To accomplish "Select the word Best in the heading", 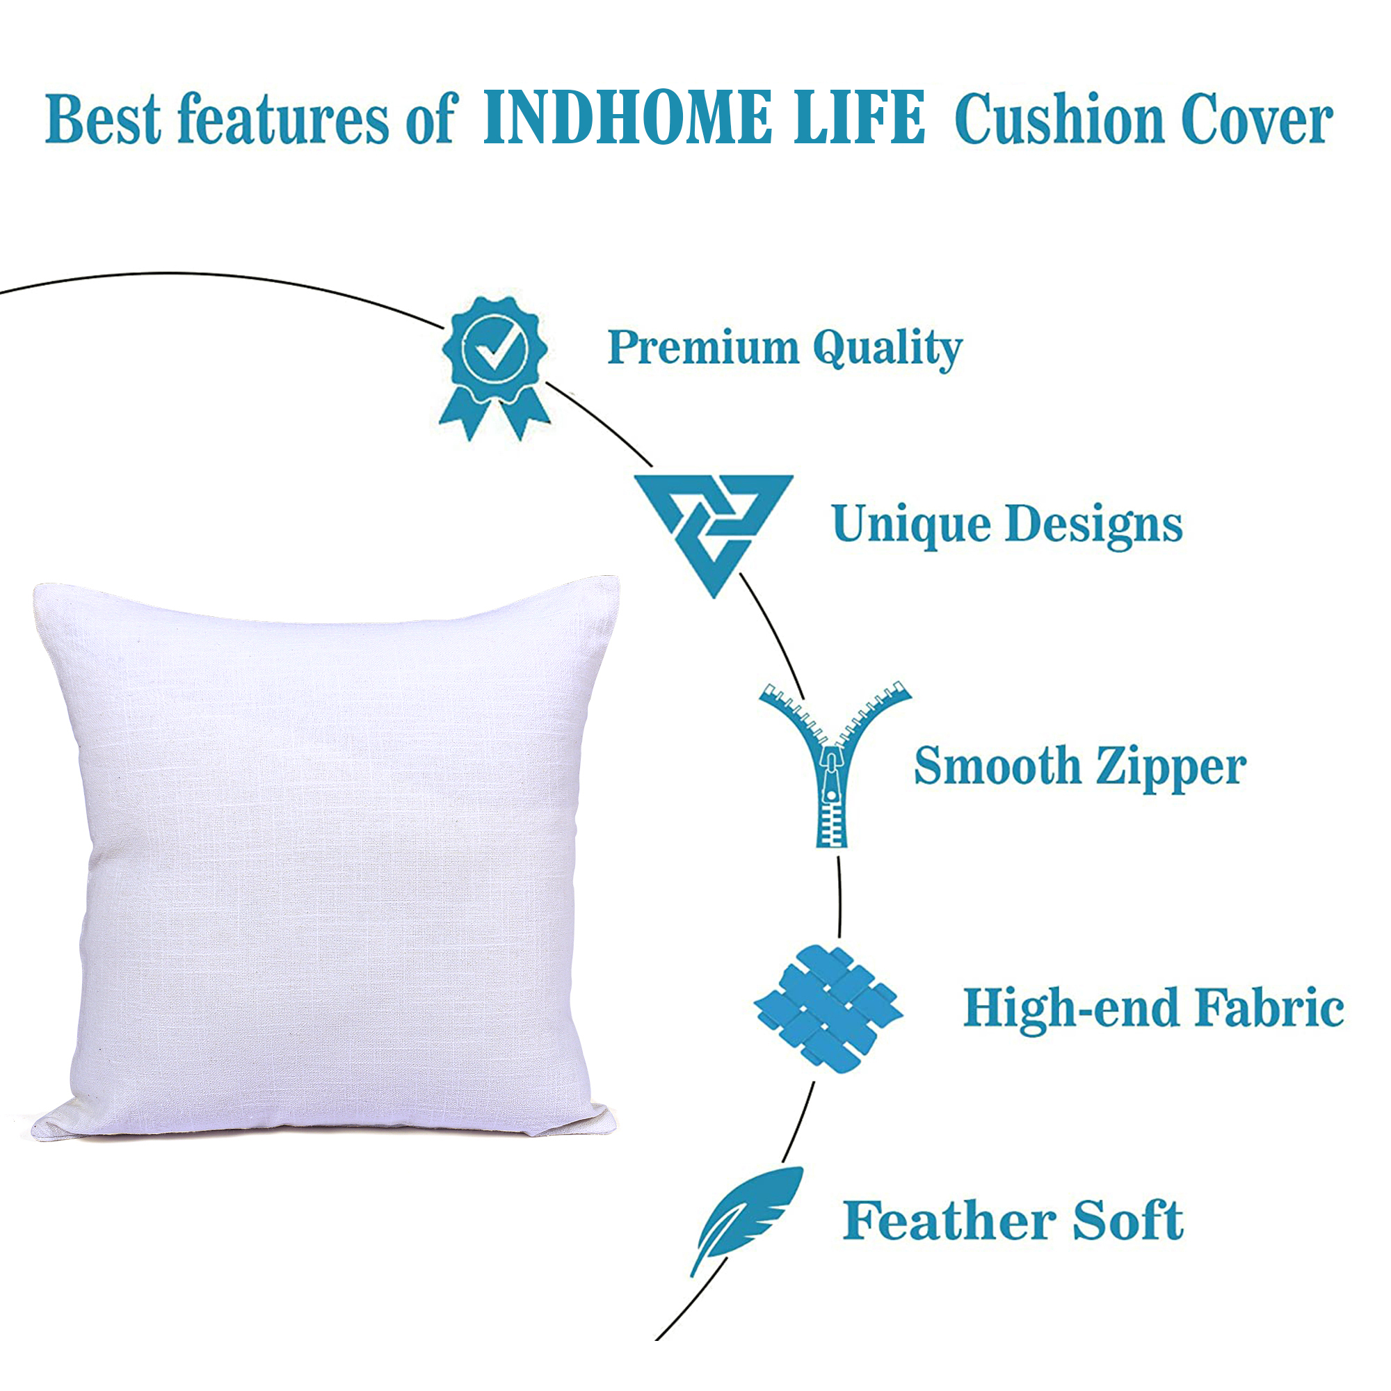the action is (x=103, y=118).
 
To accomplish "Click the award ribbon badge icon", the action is (x=495, y=368).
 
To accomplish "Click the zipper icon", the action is (x=835, y=764).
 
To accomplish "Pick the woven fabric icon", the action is (x=828, y=1008).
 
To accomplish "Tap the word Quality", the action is (x=887, y=350).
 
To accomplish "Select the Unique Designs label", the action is (x=1007, y=525).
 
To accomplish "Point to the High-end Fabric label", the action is (x=1153, y=1008).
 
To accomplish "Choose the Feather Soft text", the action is (x=1013, y=1221).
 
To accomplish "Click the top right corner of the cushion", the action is (x=617, y=577).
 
